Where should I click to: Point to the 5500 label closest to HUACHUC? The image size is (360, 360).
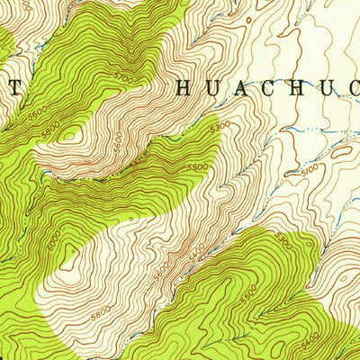(200, 168)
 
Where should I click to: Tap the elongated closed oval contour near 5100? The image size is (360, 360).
(342, 153)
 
